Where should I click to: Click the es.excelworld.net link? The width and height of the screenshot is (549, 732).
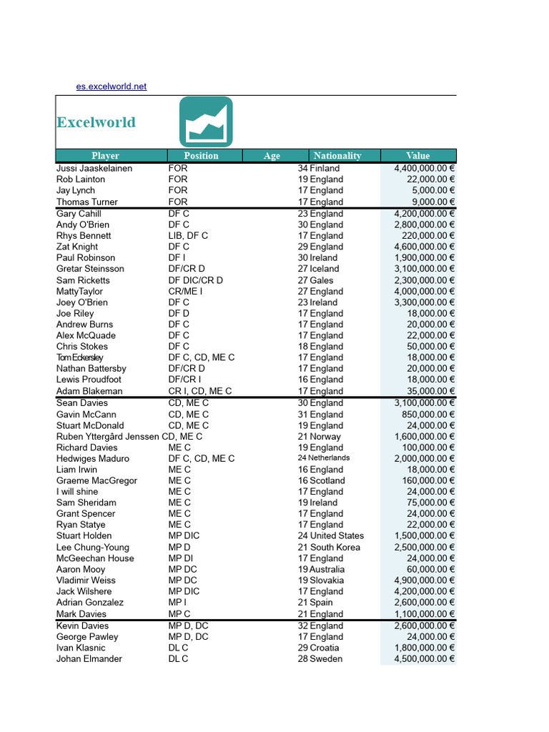(x=111, y=86)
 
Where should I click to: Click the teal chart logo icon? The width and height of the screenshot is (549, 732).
(x=206, y=122)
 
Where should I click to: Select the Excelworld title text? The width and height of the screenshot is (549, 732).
(x=96, y=122)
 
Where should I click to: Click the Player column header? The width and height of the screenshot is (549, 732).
(x=105, y=156)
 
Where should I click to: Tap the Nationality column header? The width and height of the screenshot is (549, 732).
(x=337, y=156)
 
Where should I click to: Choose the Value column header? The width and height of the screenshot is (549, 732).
(x=418, y=156)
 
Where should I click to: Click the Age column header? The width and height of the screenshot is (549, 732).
(x=272, y=156)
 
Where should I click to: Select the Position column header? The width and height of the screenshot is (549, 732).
(x=201, y=156)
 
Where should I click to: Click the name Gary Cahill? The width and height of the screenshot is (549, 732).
(x=79, y=214)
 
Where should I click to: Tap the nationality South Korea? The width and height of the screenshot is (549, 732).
(x=335, y=548)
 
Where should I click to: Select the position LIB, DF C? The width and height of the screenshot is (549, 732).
(x=188, y=236)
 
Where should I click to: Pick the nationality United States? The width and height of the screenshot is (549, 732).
(x=337, y=536)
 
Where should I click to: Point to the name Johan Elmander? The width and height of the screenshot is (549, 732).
(x=89, y=659)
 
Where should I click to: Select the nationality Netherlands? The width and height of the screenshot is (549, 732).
(x=329, y=458)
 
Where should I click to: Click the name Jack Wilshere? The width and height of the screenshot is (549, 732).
(x=84, y=592)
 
